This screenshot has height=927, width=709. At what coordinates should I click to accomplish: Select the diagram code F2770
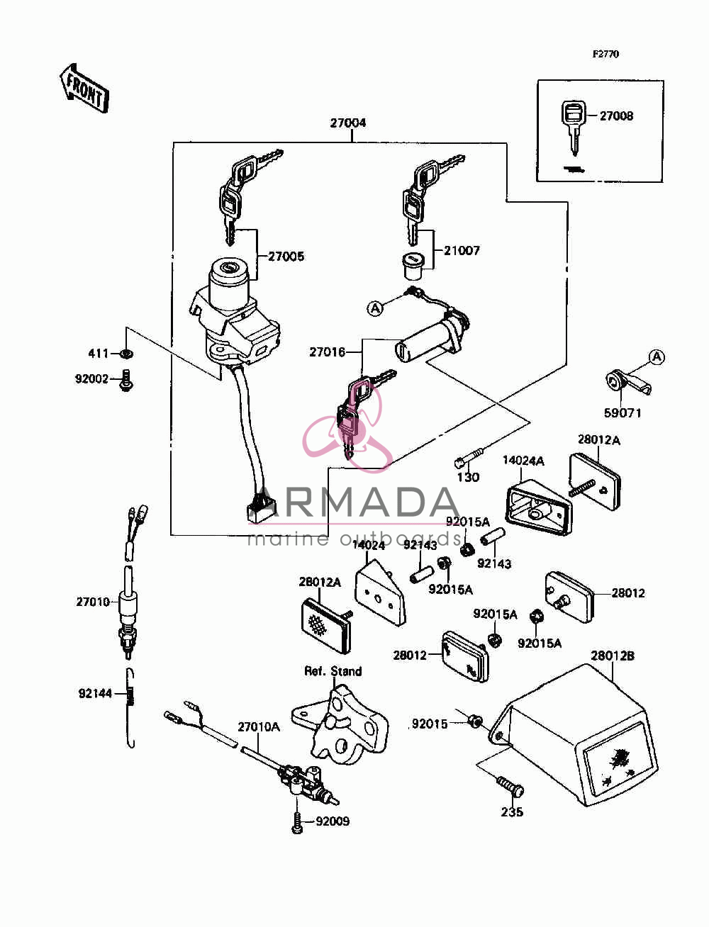(x=605, y=54)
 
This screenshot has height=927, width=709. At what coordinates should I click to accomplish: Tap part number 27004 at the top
(x=347, y=123)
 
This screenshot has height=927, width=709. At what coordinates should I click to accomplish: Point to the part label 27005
(x=286, y=257)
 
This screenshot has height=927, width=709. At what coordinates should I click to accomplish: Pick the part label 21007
(x=462, y=250)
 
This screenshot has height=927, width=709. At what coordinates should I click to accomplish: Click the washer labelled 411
(x=126, y=353)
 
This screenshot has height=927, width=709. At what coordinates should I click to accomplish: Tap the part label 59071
(x=623, y=412)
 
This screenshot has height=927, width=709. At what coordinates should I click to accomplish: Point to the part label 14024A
(x=523, y=461)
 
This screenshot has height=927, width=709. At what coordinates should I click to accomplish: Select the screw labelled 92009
(x=298, y=822)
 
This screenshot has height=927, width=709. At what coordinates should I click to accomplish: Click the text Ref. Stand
(x=333, y=671)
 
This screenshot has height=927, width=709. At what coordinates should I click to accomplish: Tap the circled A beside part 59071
(x=657, y=357)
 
